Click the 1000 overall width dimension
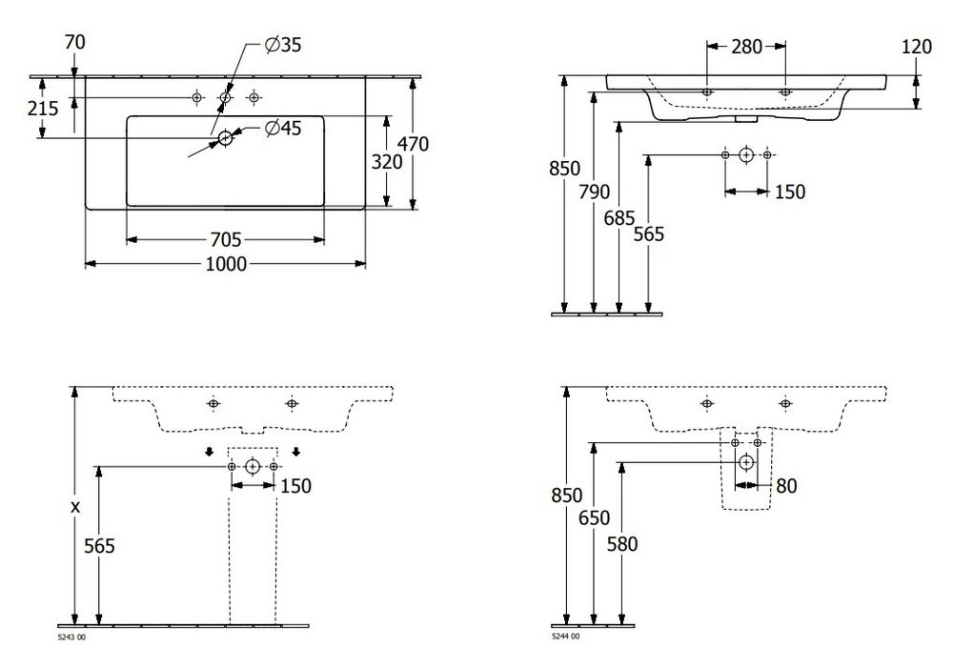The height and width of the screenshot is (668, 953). [226, 264]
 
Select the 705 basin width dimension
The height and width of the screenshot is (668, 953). [226, 240]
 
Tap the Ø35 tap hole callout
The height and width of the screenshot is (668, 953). [283, 45]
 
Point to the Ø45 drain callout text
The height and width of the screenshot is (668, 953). [283, 129]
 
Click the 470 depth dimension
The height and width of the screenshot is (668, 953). [413, 144]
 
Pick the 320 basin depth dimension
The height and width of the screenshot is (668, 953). [387, 162]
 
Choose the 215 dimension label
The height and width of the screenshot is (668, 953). [43, 109]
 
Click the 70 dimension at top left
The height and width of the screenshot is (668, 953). [74, 43]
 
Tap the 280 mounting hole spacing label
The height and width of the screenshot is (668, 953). [746, 46]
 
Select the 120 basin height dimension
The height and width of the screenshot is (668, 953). [916, 47]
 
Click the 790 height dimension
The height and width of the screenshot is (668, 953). [594, 192]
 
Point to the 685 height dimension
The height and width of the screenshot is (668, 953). [619, 217]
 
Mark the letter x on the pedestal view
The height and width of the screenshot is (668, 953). [74, 506]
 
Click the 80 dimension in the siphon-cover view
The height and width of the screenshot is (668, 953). [786, 486]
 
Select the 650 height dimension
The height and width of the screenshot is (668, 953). [594, 517]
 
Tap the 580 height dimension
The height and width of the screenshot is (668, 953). [622, 544]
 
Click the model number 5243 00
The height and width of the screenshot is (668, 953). [71, 637]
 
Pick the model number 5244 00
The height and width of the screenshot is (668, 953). [565, 637]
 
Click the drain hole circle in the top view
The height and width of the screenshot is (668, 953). [226, 138]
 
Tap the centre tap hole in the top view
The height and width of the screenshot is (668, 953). [226, 97]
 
